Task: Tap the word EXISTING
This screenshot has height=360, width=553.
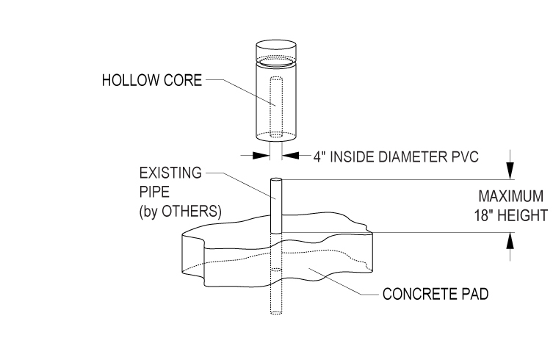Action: (x=170, y=173)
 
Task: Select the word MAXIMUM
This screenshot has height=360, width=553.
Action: (x=510, y=198)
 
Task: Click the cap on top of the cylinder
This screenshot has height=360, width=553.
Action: (x=276, y=50)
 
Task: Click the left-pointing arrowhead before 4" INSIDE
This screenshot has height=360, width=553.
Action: (x=291, y=155)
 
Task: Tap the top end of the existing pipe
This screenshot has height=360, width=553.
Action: (x=276, y=180)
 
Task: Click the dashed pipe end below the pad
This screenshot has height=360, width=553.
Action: (x=276, y=312)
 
